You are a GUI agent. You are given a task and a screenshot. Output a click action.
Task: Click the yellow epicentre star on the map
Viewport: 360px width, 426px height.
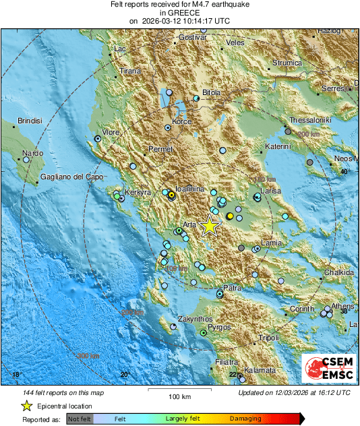210,226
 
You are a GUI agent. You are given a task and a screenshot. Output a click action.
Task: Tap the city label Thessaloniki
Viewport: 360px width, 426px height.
312,121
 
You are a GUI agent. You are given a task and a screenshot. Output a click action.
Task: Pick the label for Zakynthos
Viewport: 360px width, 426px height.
196,319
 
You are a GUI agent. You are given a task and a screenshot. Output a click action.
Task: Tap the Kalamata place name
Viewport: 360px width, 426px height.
260,371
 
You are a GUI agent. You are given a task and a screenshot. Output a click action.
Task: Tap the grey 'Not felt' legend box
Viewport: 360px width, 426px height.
80,419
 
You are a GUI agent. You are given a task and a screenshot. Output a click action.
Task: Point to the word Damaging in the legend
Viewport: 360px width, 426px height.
245,419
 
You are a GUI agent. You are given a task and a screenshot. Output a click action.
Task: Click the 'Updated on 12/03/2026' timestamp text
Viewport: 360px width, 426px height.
294,392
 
